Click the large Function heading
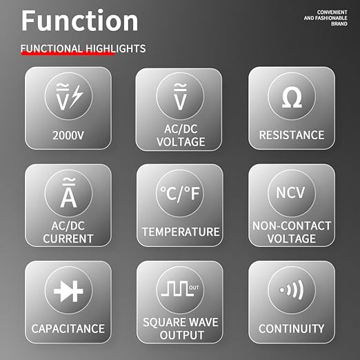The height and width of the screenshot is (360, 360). [80, 21]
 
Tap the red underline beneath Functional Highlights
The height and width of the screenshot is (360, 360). [68, 53]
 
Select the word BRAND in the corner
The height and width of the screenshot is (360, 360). [339, 23]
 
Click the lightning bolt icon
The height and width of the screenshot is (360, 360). [77, 96]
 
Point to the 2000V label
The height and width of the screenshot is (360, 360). [68, 135]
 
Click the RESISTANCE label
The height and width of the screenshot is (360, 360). [292, 135]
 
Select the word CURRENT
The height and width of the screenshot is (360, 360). [68, 239]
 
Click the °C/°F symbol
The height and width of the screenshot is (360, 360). [180, 194]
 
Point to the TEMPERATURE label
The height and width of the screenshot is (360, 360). [181, 232]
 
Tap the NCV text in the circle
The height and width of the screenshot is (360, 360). [290, 192]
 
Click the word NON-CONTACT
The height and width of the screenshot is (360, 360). [292, 226]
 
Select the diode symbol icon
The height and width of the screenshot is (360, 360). [68, 292]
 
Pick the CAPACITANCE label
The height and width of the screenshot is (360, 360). [68, 328]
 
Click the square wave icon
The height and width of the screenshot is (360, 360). [177, 289]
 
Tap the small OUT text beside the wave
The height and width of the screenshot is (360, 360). [194, 288]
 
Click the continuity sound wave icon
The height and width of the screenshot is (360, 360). [292, 290]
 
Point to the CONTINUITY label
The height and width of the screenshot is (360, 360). [292, 328]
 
